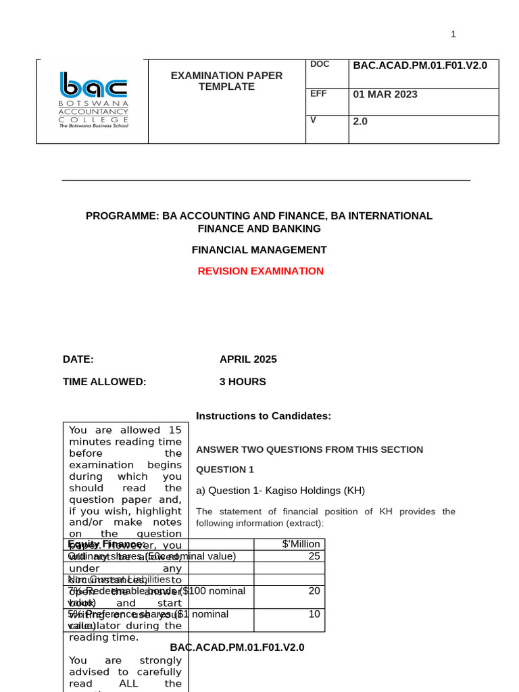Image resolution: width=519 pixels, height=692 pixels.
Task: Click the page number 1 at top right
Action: tap(453, 34)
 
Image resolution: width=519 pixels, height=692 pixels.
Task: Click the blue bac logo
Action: tap(93, 85)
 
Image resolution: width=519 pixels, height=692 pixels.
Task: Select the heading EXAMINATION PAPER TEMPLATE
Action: tap(226, 81)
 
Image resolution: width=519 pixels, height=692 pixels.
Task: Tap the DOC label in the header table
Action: tap(320, 64)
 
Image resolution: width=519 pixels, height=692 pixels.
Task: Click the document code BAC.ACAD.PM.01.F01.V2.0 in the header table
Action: tap(420, 65)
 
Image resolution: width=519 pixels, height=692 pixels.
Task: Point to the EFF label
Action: tap(318, 94)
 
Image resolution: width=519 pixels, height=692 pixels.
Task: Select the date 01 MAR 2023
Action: tap(385, 95)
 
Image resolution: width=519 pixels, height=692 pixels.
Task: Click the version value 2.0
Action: tap(360, 122)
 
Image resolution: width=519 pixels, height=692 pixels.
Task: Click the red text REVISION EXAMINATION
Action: tap(260, 271)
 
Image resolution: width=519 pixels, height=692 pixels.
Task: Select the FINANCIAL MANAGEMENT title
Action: tap(259, 250)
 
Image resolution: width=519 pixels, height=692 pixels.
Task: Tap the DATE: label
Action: tap(78, 360)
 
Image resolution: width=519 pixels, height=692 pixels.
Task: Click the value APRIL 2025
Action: tap(248, 360)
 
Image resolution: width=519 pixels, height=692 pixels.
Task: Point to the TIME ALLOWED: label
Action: tap(104, 382)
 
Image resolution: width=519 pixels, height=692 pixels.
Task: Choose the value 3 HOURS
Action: tap(243, 382)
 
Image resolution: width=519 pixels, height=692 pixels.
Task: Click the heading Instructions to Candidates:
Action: tap(264, 416)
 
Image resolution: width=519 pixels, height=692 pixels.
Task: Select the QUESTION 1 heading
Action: tap(225, 470)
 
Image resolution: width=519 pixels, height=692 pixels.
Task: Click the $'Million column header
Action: tap(301, 544)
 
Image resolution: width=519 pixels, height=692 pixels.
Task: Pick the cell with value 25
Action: tap(314, 556)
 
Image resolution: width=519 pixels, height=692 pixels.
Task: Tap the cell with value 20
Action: tap(314, 591)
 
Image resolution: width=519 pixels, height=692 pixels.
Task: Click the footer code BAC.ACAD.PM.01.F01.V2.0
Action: tap(237, 647)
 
